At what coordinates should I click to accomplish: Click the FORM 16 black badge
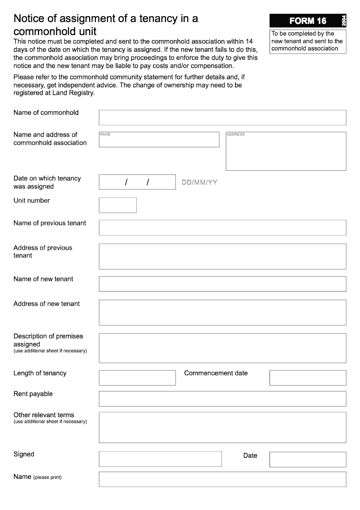(308, 21)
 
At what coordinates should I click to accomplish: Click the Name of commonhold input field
(222, 117)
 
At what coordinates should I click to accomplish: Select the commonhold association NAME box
(159, 140)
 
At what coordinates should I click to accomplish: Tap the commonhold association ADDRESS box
(286, 151)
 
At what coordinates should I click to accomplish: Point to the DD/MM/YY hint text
(199, 182)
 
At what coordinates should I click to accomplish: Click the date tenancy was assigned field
(137, 182)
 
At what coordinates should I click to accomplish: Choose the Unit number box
(117, 205)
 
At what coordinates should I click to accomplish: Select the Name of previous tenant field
(222, 227)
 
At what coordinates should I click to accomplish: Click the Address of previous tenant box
(222, 256)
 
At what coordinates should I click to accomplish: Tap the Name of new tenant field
(222, 284)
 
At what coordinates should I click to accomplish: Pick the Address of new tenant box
(222, 312)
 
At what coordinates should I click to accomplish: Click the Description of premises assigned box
(222, 348)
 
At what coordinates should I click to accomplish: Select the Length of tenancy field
(137, 378)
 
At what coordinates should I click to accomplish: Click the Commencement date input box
(308, 378)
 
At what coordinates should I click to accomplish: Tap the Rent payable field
(222, 398)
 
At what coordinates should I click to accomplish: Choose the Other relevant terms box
(222, 427)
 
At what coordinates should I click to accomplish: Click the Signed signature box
(160, 459)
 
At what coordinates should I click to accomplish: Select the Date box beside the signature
(308, 459)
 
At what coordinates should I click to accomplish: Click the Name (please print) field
(222, 479)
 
